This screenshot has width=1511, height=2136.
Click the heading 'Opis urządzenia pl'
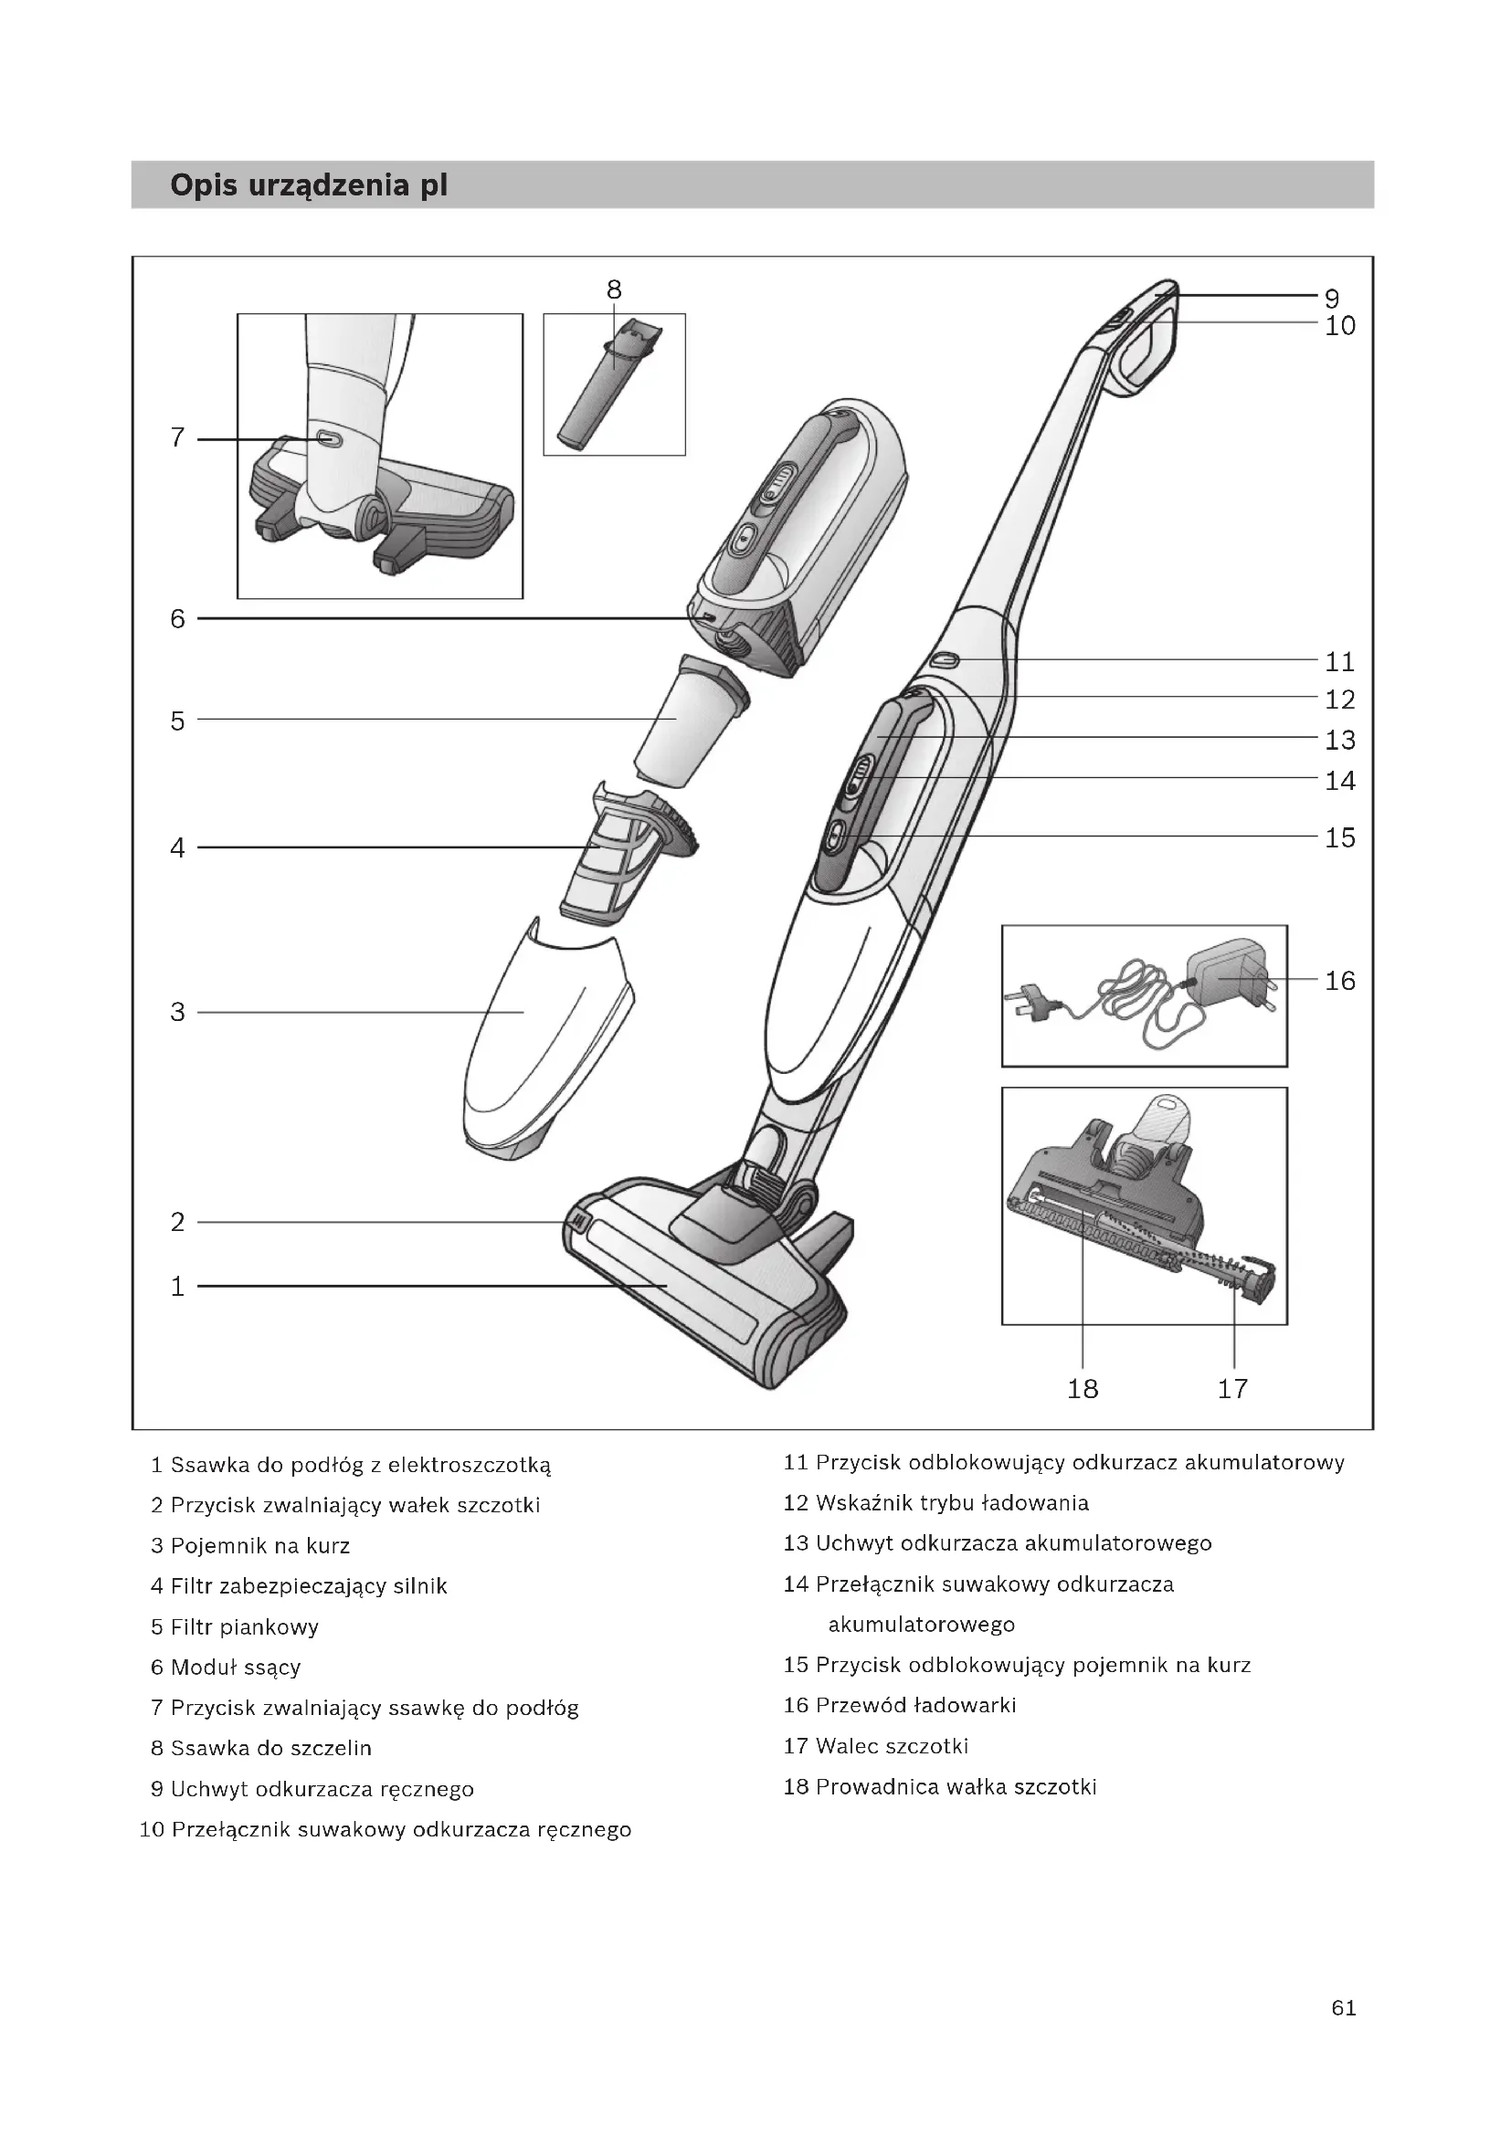click(308, 185)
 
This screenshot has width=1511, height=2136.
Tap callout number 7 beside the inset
click(178, 437)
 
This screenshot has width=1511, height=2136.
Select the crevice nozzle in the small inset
click(607, 391)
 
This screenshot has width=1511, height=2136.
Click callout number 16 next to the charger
click(1340, 981)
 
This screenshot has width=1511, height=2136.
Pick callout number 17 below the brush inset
click(1232, 1389)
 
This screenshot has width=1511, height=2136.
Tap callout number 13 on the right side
click(1340, 741)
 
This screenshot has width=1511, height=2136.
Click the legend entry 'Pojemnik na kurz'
click(250, 1546)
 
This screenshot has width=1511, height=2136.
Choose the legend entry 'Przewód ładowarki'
click(900, 1705)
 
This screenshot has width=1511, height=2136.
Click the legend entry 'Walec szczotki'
click(875, 1746)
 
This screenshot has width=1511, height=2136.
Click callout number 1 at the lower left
click(178, 1287)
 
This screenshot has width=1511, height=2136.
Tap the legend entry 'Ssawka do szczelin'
click(261, 1748)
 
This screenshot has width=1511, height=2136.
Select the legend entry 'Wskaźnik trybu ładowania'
click(936, 1502)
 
